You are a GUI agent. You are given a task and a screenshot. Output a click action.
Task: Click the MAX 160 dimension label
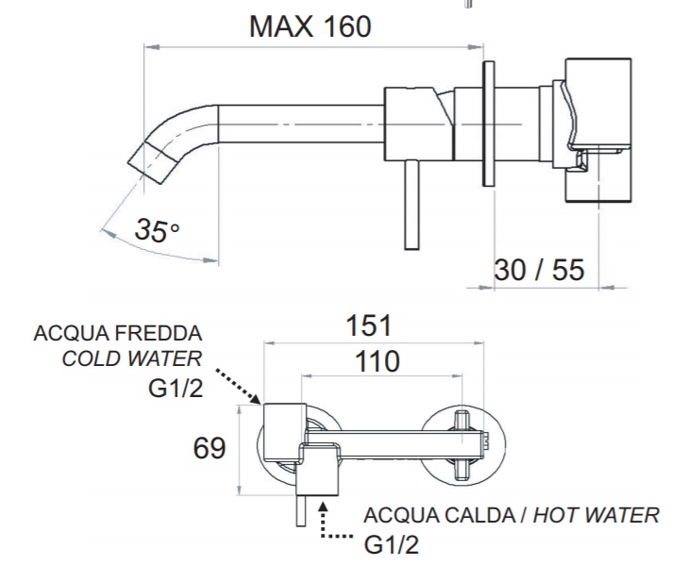(x=310, y=26)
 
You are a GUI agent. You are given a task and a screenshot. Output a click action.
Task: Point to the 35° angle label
(x=157, y=230)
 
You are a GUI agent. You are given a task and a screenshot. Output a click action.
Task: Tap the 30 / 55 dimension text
(x=539, y=270)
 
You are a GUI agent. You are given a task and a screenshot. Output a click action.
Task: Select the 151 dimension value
(x=368, y=325)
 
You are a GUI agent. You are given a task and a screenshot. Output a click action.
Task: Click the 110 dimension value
(x=377, y=361)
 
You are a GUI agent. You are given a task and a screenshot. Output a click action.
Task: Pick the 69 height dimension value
(x=209, y=448)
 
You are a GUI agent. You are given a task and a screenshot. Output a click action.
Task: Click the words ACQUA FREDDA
(x=118, y=333)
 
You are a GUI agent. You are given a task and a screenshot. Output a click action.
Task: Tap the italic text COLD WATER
(x=132, y=358)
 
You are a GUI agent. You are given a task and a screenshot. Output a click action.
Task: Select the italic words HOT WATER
(x=595, y=515)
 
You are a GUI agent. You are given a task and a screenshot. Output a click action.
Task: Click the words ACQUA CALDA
(x=440, y=515)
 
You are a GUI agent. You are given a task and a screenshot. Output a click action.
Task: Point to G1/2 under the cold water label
(x=176, y=388)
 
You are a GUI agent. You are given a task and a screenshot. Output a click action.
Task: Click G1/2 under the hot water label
(x=392, y=545)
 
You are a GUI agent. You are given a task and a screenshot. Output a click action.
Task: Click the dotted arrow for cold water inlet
(x=238, y=386)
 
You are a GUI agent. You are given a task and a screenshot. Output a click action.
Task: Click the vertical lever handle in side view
(x=411, y=205)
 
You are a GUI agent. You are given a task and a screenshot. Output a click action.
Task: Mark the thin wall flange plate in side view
(x=489, y=124)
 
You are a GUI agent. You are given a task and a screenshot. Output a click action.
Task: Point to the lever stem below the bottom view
(x=301, y=510)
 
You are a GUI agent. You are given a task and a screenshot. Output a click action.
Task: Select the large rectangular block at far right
(x=598, y=130)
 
